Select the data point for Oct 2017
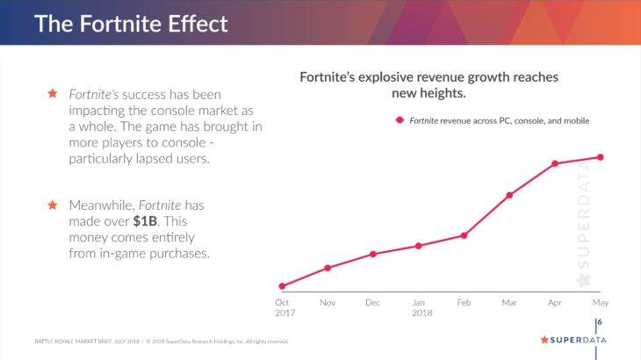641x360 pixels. coord(282,286)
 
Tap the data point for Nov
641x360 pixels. coord(328,268)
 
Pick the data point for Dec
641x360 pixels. coord(373,254)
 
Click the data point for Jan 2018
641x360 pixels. coord(419,246)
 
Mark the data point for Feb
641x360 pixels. coord(464,235)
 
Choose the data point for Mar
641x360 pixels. coord(509,195)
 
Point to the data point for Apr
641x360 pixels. coord(555,163)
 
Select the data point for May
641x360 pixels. coord(601,157)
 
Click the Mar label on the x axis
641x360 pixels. coord(509,303)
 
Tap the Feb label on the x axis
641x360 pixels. coord(464,303)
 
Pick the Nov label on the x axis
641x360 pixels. coord(328,303)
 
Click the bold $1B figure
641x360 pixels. coord(132,220)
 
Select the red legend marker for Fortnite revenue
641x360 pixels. coord(400,120)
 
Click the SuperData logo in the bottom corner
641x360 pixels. coord(573,340)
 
